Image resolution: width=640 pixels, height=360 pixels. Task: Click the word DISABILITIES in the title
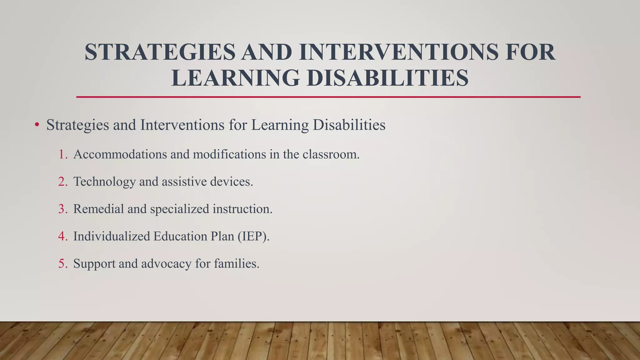tap(387, 78)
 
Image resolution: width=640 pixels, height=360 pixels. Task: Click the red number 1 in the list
tap(63, 154)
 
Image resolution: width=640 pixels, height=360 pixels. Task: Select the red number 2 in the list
tap(62, 182)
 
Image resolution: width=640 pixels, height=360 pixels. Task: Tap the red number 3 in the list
tap(62, 209)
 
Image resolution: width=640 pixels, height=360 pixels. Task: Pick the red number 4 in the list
tap(62, 236)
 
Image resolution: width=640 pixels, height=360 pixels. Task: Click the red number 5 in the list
tap(62, 264)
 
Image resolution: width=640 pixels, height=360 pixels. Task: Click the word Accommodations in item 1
tap(120, 154)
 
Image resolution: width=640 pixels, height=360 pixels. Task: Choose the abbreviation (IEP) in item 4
tap(253, 236)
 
